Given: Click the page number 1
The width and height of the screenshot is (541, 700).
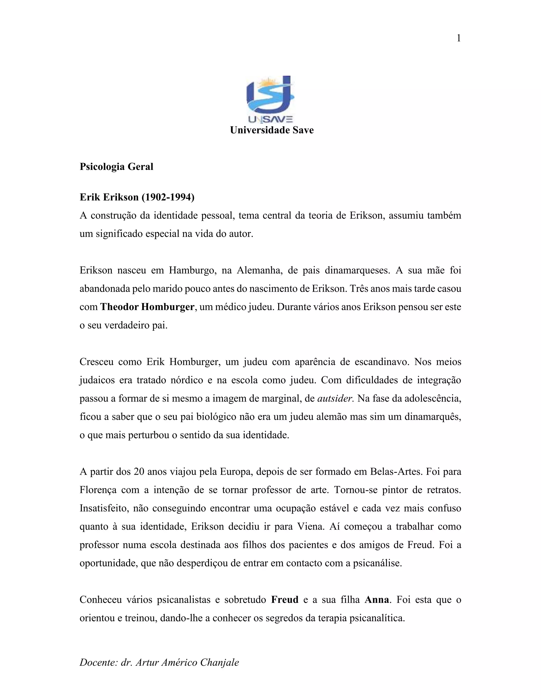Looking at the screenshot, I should [x=459, y=39].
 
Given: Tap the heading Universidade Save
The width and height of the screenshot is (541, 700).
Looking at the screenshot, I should [x=272, y=130].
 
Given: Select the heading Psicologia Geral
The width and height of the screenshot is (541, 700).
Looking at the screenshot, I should [x=116, y=167].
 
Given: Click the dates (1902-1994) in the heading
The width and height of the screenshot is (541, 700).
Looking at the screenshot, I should [x=168, y=197].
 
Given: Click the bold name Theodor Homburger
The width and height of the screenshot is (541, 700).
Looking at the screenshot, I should [x=147, y=307].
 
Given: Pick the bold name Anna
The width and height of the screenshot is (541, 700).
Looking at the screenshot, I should [x=377, y=600].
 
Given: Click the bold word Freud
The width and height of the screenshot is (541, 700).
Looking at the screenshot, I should [x=285, y=600].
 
